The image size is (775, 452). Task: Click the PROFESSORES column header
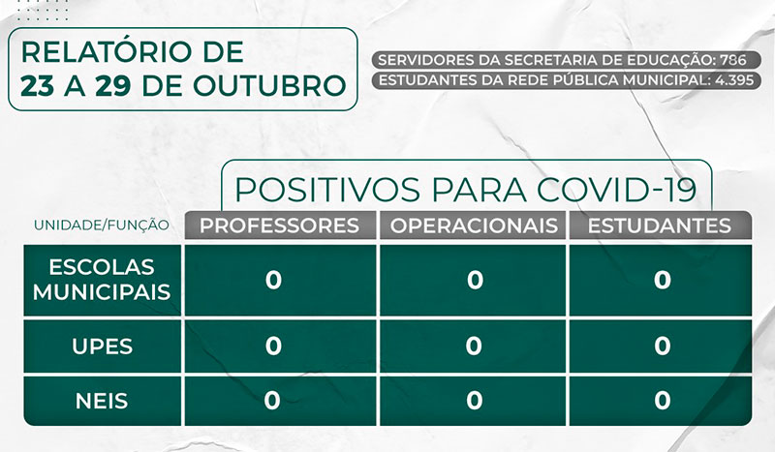point(279,226)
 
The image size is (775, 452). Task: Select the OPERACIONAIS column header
point(474,226)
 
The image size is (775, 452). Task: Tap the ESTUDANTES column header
point(661,226)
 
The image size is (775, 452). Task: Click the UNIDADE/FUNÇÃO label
point(102,226)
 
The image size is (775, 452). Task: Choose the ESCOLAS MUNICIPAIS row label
point(102,279)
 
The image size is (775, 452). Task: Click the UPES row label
point(102,346)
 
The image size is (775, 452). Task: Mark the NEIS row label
point(102,399)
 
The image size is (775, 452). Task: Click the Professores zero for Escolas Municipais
point(273,280)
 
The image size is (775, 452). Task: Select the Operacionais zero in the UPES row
point(474,346)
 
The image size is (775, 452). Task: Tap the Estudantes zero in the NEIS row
point(662,399)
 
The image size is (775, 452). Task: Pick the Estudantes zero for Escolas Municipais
point(662,280)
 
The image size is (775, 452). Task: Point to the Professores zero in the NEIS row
point(273,399)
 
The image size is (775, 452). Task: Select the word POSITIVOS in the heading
point(321,187)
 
